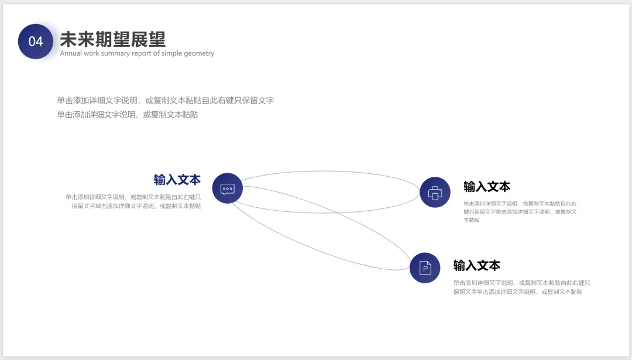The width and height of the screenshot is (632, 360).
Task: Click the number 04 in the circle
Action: (36, 42)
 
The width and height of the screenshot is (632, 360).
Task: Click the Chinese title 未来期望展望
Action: (113, 39)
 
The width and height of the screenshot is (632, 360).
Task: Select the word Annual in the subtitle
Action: (71, 53)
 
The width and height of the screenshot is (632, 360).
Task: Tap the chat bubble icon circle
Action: (227, 188)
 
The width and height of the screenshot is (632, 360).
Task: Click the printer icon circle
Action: (435, 192)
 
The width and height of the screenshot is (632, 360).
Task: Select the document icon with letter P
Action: (425, 268)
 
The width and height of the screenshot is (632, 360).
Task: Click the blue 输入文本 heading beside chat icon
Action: (177, 180)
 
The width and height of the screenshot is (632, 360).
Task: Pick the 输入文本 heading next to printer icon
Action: (487, 187)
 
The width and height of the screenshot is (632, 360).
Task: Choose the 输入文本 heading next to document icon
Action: (477, 265)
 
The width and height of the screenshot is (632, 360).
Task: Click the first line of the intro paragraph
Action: (165, 100)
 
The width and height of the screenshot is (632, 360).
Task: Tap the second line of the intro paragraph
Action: (127, 115)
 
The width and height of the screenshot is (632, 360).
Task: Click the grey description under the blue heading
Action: (133, 201)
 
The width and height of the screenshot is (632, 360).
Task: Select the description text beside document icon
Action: (521, 287)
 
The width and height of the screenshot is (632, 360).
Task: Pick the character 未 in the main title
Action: (69, 39)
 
